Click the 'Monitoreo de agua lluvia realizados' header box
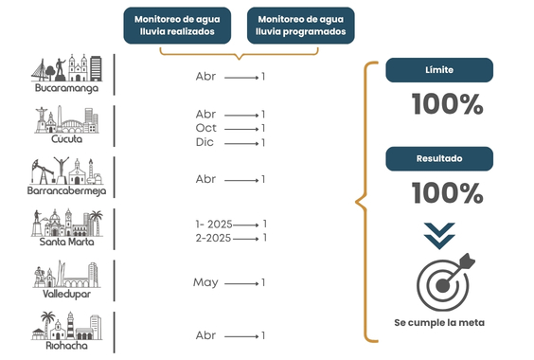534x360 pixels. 177,26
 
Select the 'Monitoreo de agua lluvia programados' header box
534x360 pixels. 301,26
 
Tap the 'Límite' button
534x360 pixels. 439,70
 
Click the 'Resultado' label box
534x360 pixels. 439,158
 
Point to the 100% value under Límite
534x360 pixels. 448,104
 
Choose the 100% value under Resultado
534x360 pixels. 448,192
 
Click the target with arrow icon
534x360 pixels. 445,282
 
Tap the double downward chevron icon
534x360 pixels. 439,236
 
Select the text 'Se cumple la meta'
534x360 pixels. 439,322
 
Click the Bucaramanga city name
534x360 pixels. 66,88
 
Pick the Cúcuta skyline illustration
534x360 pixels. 66,119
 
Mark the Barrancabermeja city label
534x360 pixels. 66,190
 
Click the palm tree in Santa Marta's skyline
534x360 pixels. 96,223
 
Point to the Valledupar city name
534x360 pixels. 66,294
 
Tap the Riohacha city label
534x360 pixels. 66,346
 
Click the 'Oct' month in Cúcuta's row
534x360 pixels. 206,128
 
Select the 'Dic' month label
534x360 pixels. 205,142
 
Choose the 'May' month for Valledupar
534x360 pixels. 205,282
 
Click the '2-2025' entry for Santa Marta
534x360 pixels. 213,238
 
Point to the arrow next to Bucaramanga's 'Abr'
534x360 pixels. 241,78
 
